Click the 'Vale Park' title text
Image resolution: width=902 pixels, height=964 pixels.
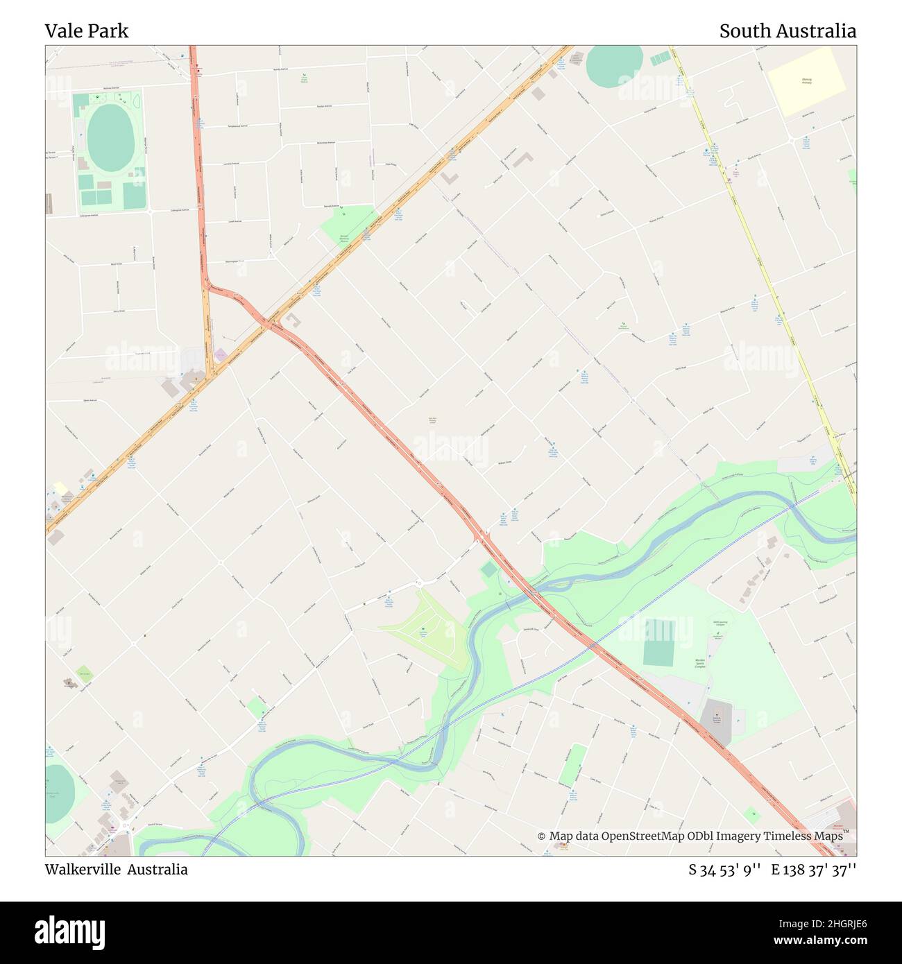(87, 31)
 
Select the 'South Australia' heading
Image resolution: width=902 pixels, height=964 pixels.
(788, 31)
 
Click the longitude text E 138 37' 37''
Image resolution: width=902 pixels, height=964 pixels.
(814, 870)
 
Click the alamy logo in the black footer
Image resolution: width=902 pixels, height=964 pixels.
(70, 931)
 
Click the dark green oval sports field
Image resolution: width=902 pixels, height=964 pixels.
(110, 138)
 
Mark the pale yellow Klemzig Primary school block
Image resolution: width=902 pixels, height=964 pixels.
(807, 82)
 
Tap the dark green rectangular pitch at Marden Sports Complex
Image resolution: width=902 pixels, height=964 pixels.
(658, 642)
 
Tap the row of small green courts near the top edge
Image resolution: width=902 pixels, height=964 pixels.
(660, 60)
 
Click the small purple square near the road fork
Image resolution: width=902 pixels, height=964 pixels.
(221, 355)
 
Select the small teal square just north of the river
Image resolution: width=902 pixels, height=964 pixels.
(489, 569)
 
